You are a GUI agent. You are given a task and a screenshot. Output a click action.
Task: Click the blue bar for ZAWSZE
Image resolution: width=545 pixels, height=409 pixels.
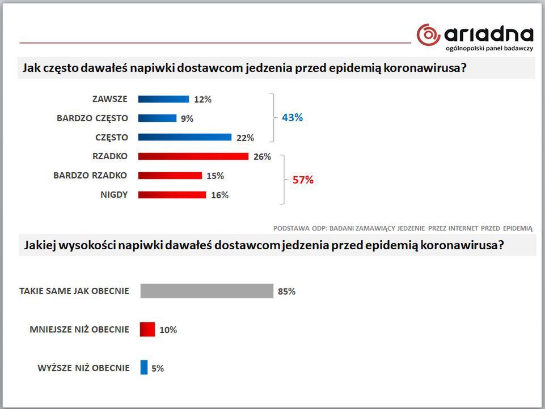click(x=163, y=99)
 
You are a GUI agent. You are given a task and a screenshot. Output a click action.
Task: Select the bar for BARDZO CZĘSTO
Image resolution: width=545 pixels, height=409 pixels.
click(x=157, y=118)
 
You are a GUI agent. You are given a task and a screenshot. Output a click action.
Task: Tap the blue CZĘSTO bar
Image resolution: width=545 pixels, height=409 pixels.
click(x=184, y=137)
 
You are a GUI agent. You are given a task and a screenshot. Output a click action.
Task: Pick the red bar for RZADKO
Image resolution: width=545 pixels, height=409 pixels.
click(x=193, y=156)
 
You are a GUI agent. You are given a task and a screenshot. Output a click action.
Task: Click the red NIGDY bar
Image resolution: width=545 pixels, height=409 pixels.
click(x=172, y=195)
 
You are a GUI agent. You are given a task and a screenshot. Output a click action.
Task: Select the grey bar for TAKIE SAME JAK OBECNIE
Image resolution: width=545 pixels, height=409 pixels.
click(x=206, y=291)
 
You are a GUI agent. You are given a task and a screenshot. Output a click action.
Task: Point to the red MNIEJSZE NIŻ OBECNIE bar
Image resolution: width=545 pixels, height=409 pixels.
click(x=147, y=329)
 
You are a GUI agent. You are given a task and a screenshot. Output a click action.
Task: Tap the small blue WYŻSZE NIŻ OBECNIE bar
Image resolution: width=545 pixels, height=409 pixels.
click(x=144, y=368)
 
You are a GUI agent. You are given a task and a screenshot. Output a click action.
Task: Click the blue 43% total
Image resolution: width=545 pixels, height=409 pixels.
click(x=292, y=118)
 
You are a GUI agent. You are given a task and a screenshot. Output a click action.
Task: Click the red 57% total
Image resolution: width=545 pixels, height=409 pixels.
click(x=302, y=180)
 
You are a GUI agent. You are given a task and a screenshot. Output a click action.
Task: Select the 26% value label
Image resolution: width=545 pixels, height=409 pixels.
click(x=262, y=157)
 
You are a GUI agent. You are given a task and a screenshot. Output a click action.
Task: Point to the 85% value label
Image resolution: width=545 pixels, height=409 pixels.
click(x=286, y=292)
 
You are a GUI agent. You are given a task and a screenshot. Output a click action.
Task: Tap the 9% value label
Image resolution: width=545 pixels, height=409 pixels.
click(x=187, y=119)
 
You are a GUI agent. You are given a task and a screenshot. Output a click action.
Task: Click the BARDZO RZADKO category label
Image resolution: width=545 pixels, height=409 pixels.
click(x=90, y=175)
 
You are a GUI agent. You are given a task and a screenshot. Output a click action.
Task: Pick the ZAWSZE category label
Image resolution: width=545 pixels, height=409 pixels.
click(x=109, y=99)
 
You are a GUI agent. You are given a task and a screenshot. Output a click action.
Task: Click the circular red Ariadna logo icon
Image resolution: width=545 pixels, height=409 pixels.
click(x=428, y=35)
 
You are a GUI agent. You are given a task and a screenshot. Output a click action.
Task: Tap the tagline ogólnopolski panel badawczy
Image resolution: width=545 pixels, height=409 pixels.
click(x=489, y=49)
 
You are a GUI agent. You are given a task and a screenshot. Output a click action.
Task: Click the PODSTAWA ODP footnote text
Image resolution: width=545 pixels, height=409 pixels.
click(x=403, y=228)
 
